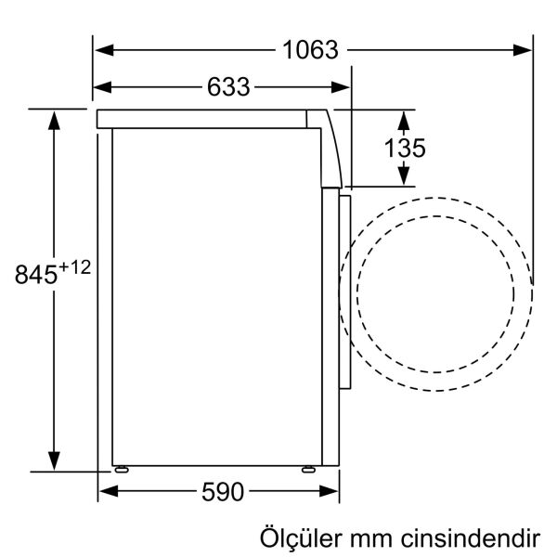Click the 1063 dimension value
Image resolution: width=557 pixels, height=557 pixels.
pos(311,49)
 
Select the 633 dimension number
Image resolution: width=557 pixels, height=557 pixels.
pos(228,87)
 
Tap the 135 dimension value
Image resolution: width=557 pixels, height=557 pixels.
pos(405,147)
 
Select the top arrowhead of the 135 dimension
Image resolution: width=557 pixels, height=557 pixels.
pos(405,117)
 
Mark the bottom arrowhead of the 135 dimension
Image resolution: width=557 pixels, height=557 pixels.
pos(405,176)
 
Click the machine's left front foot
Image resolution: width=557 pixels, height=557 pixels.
pos(122,468)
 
